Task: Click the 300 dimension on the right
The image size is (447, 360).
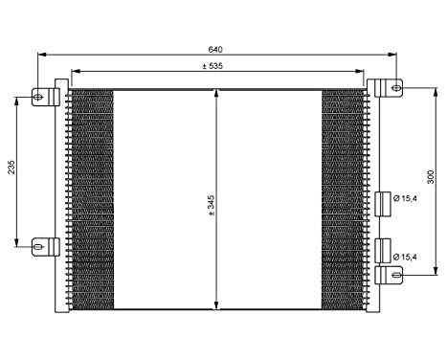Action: click(x=431, y=178)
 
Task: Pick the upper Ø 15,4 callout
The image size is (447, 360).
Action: click(x=409, y=199)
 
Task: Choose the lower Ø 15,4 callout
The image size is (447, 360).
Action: click(x=409, y=257)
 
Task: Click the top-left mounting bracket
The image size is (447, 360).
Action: click(x=45, y=96)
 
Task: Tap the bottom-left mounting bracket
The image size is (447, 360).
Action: click(x=45, y=246)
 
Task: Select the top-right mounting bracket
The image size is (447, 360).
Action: click(x=389, y=87)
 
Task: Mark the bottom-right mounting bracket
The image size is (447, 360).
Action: click(x=389, y=275)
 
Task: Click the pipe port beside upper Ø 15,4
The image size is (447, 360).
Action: click(x=383, y=200)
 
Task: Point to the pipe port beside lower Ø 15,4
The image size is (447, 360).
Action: click(x=383, y=251)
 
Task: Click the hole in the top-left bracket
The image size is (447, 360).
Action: click(x=39, y=96)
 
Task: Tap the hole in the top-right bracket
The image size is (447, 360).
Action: click(x=395, y=87)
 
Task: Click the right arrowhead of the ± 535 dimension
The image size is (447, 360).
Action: click(x=363, y=72)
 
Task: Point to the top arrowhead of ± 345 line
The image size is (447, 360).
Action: click(x=217, y=91)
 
